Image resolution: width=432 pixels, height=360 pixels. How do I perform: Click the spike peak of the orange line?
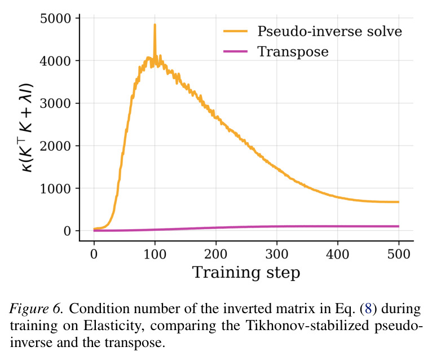pyautogui.click(x=155, y=25)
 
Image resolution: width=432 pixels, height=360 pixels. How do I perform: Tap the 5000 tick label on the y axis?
pyautogui.click(x=56, y=19)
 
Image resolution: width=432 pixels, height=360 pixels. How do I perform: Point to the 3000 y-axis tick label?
pyautogui.click(x=56, y=104)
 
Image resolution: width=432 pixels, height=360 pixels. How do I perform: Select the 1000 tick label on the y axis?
pyautogui.click(x=56, y=189)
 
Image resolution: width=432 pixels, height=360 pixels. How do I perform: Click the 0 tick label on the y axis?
pyautogui.click(x=68, y=231)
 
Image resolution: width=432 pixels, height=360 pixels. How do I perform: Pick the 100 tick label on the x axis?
pyautogui.click(x=155, y=254)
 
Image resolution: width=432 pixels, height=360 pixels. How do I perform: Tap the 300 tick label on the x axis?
pyautogui.click(x=277, y=254)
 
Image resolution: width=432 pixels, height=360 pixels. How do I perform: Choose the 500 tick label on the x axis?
pyautogui.click(x=399, y=254)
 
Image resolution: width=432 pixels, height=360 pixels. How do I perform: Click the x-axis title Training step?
pyautogui.click(x=246, y=273)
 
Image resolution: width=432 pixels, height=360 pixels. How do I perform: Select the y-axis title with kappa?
pyautogui.click(x=27, y=128)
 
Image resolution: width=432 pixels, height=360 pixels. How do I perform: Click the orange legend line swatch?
pyautogui.click(x=236, y=31)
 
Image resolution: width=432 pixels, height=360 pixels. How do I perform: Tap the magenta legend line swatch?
pyautogui.click(x=236, y=51)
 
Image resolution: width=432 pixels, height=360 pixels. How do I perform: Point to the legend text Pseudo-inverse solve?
pyautogui.click(x=329, y=31)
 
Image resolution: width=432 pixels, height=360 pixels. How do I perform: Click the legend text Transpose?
pyautogui.click(x=293, y=52)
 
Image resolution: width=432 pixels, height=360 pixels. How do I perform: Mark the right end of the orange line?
pyautogui.click(x=399, y=202)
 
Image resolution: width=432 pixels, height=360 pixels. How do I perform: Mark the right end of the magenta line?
pyautogui.click(x=399, y=226)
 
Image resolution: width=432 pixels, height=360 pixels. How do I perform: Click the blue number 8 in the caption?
pyautogui.click(x=368, y=309)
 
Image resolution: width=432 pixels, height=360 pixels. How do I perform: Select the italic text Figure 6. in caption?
pyautogui.click(x=37, y=309)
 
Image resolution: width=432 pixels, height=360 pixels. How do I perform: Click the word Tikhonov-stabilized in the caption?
pyautogui.click(x=307, y=325)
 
